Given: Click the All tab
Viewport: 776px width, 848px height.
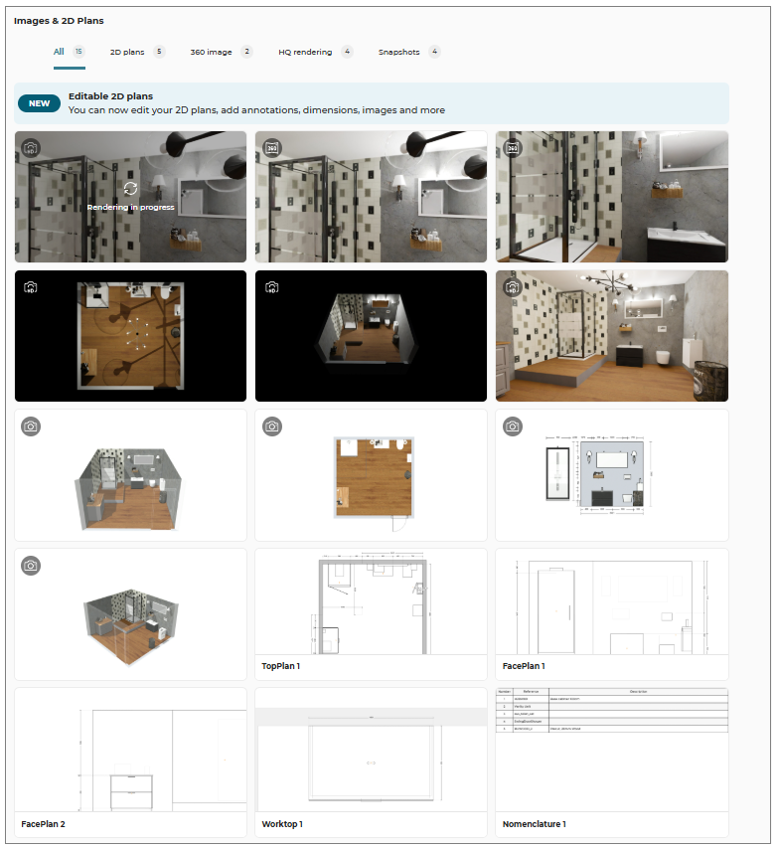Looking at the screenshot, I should click(60, 52).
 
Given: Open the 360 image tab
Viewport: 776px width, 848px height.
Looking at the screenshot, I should click(211, 52).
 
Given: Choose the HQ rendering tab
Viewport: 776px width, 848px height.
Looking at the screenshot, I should click(305, 52).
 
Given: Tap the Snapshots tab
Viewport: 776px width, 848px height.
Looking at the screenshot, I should click(398, 52).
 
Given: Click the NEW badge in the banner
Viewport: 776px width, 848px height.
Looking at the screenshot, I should click(39, 103).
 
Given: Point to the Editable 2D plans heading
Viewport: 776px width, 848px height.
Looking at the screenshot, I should click(110, 96).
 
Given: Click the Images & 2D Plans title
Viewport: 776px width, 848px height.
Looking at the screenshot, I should click(59, 20).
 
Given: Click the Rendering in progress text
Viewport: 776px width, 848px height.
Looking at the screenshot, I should click(130, 208).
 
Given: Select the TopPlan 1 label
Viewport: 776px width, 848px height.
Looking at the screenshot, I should click(281, 666).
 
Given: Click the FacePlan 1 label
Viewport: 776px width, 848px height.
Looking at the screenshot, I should click(524, 666).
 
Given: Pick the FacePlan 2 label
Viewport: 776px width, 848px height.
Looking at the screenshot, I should click(43, 824).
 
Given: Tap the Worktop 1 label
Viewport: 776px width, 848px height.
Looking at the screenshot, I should click(282, 824).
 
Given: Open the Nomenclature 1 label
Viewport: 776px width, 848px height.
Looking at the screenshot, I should click(535, 824).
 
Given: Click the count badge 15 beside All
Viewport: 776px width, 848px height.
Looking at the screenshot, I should click(78, 52).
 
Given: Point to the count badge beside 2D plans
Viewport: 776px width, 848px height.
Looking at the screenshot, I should click(159, 52).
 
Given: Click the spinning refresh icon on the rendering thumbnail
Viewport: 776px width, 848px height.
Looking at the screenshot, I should click(130, 188).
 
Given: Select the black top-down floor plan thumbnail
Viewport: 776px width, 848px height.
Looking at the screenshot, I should click(130, 336).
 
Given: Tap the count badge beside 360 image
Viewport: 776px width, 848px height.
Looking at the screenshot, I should click(246, 52).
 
